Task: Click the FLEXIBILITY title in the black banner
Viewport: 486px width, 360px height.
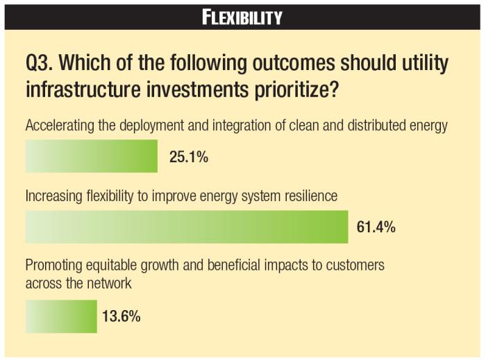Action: pos(242,15)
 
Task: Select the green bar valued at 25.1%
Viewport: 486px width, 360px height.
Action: pos(92,155)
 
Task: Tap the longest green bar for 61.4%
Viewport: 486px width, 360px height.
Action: pos(186,226)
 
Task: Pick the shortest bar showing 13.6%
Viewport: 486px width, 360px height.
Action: pos(61,316)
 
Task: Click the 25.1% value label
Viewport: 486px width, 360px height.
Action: pos(189,157)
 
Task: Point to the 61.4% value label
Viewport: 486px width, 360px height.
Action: pos(376,227)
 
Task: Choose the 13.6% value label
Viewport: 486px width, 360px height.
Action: pos(121,317)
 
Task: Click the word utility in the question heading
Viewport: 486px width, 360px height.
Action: pos(421,65)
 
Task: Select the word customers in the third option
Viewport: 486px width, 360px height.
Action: pos(358,266)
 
